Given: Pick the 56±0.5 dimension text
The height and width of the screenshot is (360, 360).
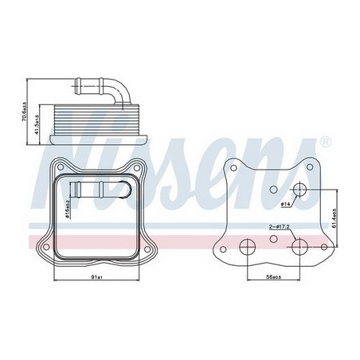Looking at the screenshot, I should tap(273, 276).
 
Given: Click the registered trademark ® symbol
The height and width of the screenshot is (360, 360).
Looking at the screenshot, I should tap(324, 143).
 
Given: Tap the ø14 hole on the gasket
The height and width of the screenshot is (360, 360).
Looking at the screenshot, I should tap(301, 190).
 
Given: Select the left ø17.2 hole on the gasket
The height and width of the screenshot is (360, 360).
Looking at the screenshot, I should tap(248, 246).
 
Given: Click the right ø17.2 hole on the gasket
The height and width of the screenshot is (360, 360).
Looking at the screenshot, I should tap(299, 246).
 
